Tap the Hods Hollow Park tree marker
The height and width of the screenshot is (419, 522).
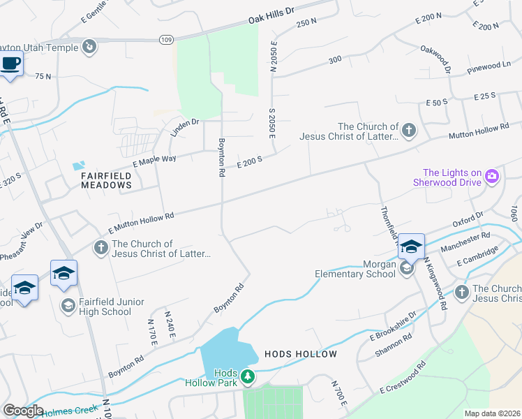247,377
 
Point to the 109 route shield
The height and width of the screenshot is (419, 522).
165,41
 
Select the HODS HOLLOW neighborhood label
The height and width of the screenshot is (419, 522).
300,354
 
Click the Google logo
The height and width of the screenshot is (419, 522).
24,410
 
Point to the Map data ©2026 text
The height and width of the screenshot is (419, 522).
492,413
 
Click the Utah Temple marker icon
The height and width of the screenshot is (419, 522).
89,46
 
